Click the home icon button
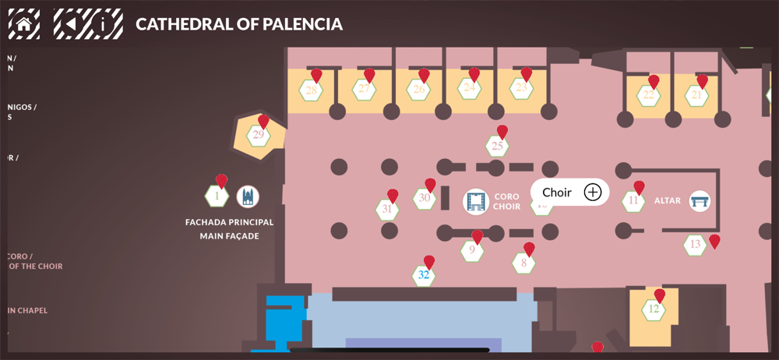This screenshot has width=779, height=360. click(23, 23)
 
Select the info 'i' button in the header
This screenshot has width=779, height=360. click(107, 23)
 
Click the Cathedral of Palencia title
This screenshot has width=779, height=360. click(239, 24)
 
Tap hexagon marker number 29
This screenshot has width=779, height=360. click(258, 136)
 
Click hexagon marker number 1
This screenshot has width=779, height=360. click(217, 196)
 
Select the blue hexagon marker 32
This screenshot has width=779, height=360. click(423, 275)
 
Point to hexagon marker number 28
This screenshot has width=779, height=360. click(312, 90)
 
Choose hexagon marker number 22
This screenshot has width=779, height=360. click(648, 96)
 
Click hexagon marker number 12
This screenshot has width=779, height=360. click(654, 309)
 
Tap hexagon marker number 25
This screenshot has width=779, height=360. click(498, 146)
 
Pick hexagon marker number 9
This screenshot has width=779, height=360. click(471, 251)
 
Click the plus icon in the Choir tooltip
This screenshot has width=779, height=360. click(593, 192)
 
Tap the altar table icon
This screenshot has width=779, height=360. click(700, 201)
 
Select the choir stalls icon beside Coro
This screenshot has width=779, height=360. click(475, 202)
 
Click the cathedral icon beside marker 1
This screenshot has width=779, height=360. click(248, 196)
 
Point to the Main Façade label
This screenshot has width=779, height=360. click(229, 235)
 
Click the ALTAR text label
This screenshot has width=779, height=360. click(668, 201)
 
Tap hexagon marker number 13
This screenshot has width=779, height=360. click(695, 245)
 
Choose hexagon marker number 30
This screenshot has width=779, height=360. click(424, 199)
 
